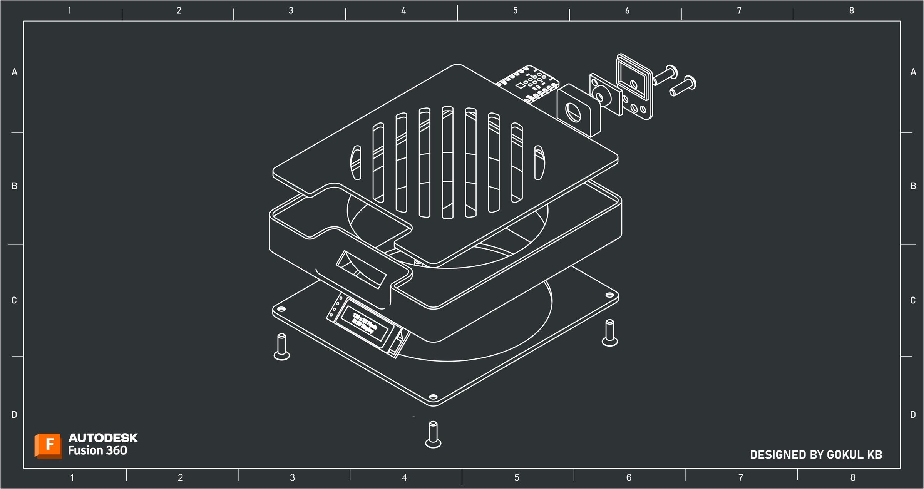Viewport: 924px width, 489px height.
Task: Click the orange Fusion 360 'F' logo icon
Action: click(49, 445)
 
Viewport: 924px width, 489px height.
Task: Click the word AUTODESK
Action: click(103, 438)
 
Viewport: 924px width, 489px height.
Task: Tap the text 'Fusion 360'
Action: click(97, 450)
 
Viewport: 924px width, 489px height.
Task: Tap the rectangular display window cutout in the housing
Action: click(361, 270)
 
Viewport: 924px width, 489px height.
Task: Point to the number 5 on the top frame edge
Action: click(515, 10)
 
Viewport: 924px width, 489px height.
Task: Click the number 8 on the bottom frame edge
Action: click(853, 477)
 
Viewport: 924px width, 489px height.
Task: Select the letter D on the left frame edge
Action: click(14, 415)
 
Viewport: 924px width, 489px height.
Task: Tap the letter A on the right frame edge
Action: click(913, 72)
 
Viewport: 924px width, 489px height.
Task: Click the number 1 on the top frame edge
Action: click(70, 10)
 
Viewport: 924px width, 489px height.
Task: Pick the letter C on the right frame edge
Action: click(912, 300)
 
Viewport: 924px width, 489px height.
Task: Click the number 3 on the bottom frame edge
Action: click(293, 477)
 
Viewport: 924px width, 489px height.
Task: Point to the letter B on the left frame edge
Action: click(14, 186)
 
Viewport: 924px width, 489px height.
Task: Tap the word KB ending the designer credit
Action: click(874, 455)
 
